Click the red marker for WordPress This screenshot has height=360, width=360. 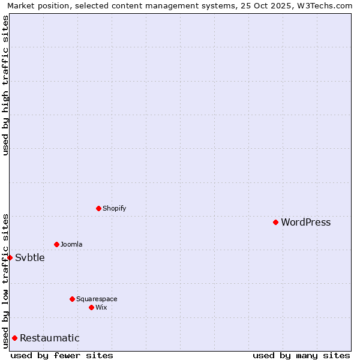(x=275, y=222)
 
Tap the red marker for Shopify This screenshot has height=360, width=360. (x=98, y=208)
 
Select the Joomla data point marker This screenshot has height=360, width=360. (x=56, y=244)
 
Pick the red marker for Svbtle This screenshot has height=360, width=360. (x=10, y=257)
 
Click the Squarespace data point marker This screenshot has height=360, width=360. (x=72, y=299)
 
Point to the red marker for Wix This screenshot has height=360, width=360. (x=91, y=307)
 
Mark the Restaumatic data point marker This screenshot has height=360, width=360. (x=14, y=338)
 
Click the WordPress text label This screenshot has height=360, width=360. (x=305, y=222)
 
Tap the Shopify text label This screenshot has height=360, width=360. (x=114, y=208)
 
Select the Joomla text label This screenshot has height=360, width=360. (x=71, y=244)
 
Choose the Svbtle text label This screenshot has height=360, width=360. (x=30, y=257)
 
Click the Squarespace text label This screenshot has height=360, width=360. (x=97, y=299)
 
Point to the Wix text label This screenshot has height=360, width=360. (x=101, y=307)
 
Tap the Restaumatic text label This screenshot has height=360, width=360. (x=49, y=338)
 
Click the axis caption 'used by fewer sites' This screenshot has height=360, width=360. (x=62, y=355)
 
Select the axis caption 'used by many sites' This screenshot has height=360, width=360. (x=301, y=355)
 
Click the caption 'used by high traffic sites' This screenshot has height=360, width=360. (x=5, y=85)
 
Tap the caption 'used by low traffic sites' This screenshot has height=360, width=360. (x=5, y=280)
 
